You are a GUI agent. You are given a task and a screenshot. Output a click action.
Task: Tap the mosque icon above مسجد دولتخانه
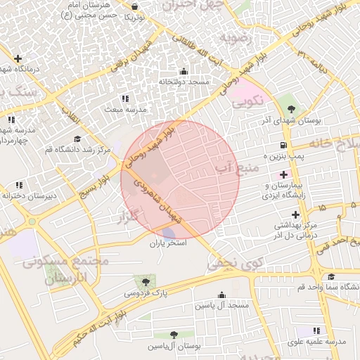[x=184, y=71]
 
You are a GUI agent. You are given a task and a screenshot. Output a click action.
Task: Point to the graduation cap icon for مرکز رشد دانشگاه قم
[x=77, y=139]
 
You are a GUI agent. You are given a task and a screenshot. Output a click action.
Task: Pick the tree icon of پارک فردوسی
[x=146, y=281]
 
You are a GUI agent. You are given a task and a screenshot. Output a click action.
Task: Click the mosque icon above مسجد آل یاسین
[x=222, y=295]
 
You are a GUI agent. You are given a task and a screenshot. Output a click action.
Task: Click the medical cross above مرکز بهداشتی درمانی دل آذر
[x=295, y=214]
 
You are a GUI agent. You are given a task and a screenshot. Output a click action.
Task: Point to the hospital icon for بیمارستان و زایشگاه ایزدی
[x=283, y=174]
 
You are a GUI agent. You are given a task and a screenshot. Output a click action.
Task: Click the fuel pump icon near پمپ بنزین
[x=283, y=146]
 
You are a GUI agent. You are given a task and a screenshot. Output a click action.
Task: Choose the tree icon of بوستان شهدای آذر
[x=291, y=109]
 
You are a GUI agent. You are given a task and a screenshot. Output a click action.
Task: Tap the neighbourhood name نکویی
[x=247, y=101]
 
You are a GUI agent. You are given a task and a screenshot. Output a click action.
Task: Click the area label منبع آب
[x=237, y=167]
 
